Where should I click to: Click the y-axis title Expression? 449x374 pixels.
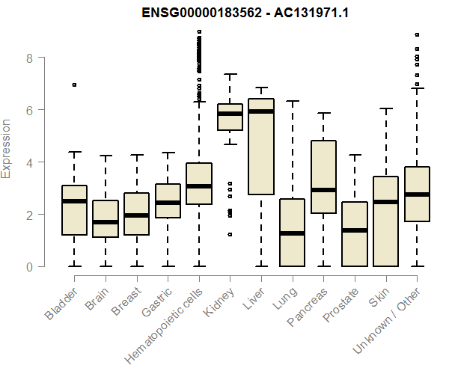point(7,148)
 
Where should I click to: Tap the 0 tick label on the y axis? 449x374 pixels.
point(30,266)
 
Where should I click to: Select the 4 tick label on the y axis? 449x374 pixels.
point(30,162)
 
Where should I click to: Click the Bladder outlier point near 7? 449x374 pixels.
point(74,85)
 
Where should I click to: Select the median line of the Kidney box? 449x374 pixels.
point(230,114)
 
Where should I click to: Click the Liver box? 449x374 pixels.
point(260,150)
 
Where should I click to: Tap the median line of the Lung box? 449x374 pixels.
point(292,233)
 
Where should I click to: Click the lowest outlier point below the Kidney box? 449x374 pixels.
point(230,234)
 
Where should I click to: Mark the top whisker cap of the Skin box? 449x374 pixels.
point(385,108)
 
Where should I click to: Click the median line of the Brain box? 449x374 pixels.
point(106,222)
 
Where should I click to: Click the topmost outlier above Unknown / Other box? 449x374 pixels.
point(417,34)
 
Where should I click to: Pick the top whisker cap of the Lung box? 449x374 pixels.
point(292,101)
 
